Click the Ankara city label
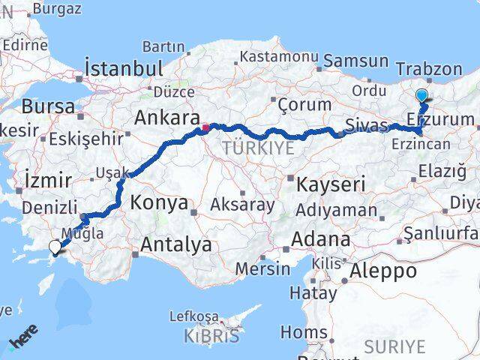166,118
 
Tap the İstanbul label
124,68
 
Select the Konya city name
159,202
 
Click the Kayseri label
331,184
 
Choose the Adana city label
322,240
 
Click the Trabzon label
429,69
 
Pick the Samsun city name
356,61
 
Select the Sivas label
367,124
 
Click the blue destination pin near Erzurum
421,96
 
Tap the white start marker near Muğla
55,246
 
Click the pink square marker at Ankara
205,127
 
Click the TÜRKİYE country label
258,148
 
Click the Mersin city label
262,268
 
